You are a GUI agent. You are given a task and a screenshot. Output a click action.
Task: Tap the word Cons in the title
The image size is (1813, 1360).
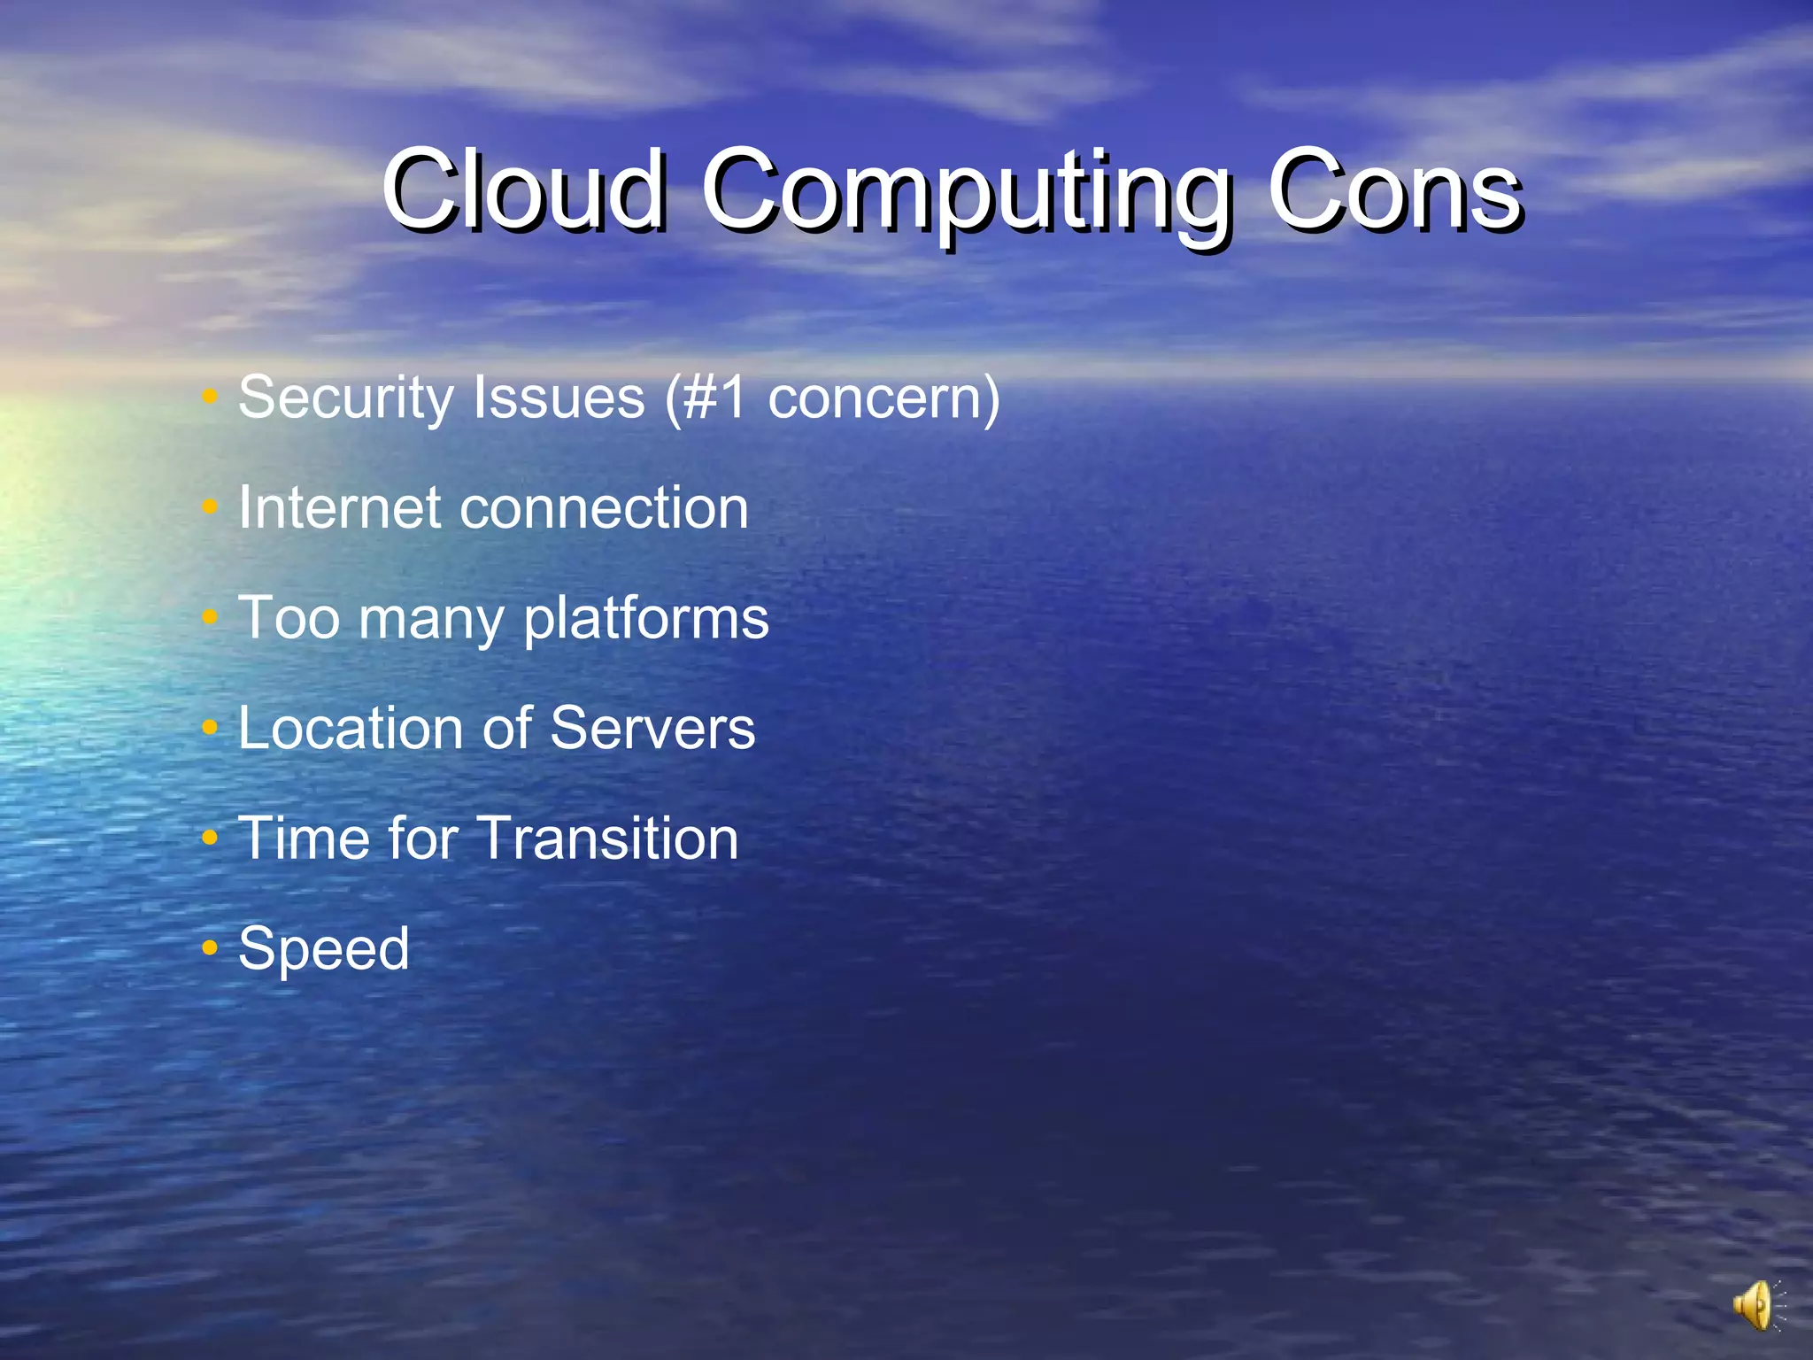pyautogui.click(x=1395, y=190)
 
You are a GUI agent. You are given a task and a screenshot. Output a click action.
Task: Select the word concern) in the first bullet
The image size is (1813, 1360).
pyautogui.click(x=883, y=398)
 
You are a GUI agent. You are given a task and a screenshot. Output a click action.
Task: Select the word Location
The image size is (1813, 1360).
pyautogui.click(x=351, y=729)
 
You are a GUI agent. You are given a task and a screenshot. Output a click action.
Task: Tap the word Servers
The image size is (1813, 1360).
pyautogui.click(x=652, y=729)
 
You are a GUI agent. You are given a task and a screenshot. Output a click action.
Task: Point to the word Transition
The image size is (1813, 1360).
pyautogui.click(x=608, y=838)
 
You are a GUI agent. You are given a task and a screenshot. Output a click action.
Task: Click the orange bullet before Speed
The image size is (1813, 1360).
pyautogui.click(x=210, y=948)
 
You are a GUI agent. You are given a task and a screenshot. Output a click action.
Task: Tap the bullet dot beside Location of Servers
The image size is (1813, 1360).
pyautogui.click(x=210, y=728)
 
